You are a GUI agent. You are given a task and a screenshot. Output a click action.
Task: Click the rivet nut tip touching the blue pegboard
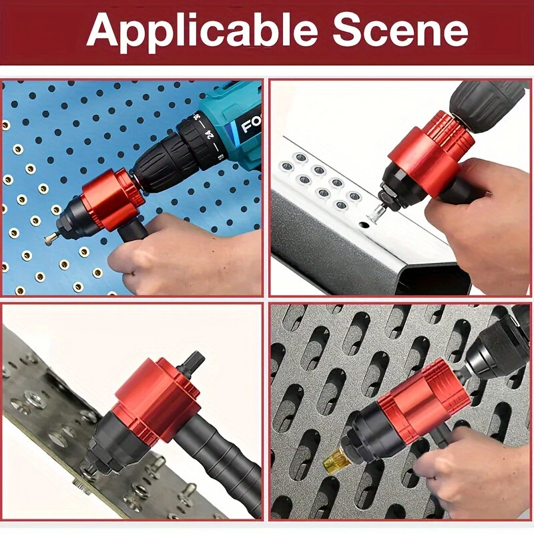pyautogui.click(x=50, y=237)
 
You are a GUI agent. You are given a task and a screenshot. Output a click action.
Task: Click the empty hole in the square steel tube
pyautogui.click(x=364, y=225)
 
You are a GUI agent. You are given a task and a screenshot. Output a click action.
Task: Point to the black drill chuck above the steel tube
pyautogui.click(x=485, y=105)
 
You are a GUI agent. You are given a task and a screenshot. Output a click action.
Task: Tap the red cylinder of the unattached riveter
pyautogui.click(x=157, y=399)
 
